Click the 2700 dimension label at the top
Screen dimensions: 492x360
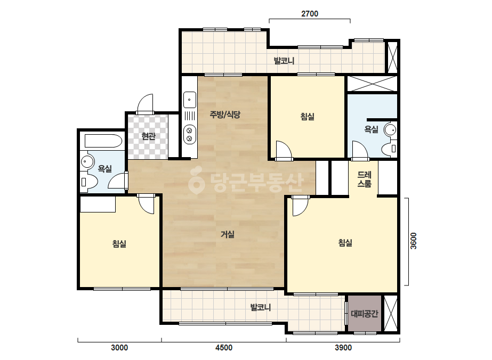coord(310,14)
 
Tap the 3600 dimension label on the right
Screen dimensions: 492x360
coord(414,241)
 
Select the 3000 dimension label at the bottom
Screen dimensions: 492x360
coord(119,347)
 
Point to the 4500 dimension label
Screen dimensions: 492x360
coord(224,347)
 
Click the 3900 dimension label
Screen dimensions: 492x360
coord(343,347)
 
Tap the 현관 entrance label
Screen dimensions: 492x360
coord(148,136)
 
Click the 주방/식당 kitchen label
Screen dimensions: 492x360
coord(225,114)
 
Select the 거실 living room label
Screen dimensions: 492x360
coord(228,234)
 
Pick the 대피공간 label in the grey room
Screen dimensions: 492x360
coord(364,313)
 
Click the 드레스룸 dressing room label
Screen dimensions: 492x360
coord(364,179)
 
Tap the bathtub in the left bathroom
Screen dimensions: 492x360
coord(103,141)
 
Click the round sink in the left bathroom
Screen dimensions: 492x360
coord(87,161)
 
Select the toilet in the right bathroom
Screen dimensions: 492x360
coord(390,149)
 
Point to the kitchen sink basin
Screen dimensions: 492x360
coord(190,100)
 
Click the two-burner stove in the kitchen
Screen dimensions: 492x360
coord(190,134)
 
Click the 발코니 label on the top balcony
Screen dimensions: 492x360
coord(284,61)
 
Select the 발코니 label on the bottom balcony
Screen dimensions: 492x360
coord(261,307)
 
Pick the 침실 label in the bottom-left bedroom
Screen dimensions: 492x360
coord(119,243)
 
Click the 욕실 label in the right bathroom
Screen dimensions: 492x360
coord(371,129)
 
